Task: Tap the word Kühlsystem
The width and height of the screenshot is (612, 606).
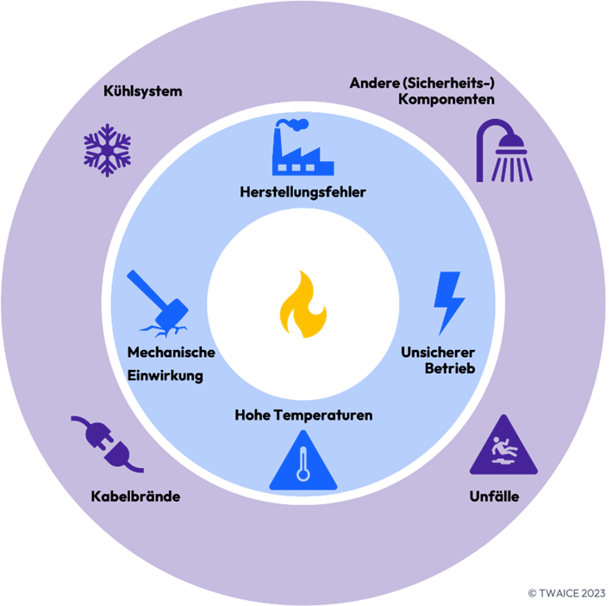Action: pyautogui.click(x=143, y=91)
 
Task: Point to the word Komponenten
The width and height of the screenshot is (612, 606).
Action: pyautogui.click(x=447, y=99)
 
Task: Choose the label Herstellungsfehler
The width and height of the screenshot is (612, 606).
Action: pyautogui.click(x=303, y=192)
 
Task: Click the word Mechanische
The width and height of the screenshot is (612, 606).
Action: pyautogui.click(x=171, y=353)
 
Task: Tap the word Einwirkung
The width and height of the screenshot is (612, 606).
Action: pyautogui.click(x=165, y=375)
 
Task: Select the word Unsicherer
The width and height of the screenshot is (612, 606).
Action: pyautogui.click(x=438, y=353)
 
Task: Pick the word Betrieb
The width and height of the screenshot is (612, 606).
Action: pyautogui.click(x=450, y=368)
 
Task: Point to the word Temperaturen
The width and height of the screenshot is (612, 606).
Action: pyautogui.click(x=323, y=415)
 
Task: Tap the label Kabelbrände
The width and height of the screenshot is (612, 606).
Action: pyautogui.click(x=135, y=497)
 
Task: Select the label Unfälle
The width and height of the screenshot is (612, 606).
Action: pyautogui.click(x=494, y=497)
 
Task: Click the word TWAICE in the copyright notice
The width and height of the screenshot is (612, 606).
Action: pyautogui.click(x=559, y=593)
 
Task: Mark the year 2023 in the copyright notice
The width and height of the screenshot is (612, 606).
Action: pyautogui.click(x=594, y=593)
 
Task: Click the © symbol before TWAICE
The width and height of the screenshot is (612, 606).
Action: pyautogui.click(x=532, y=593)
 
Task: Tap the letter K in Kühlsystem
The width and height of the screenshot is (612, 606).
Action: pyautogui.click(x=108, y=91)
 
